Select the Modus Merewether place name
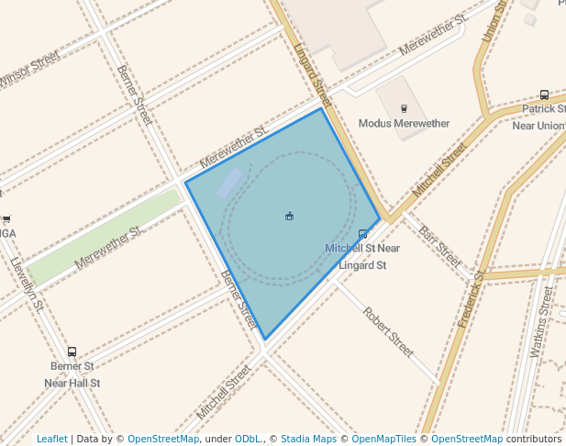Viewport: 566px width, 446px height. tap(404, 124)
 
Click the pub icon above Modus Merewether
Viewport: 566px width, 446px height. tap(404, 107)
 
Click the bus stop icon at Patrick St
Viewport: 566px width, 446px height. tap(544, 95)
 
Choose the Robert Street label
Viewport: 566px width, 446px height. tap(388, 331)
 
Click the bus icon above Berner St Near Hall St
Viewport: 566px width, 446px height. tap(72, 351)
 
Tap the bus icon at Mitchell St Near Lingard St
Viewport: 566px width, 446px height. tap(363, 234)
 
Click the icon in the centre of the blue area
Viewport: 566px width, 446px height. tap(289, 216)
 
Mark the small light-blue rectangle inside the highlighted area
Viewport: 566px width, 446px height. tap(229, 184)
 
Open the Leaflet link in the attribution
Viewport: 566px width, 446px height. tap(51, 439)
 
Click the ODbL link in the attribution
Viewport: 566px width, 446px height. tap(248, 439)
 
